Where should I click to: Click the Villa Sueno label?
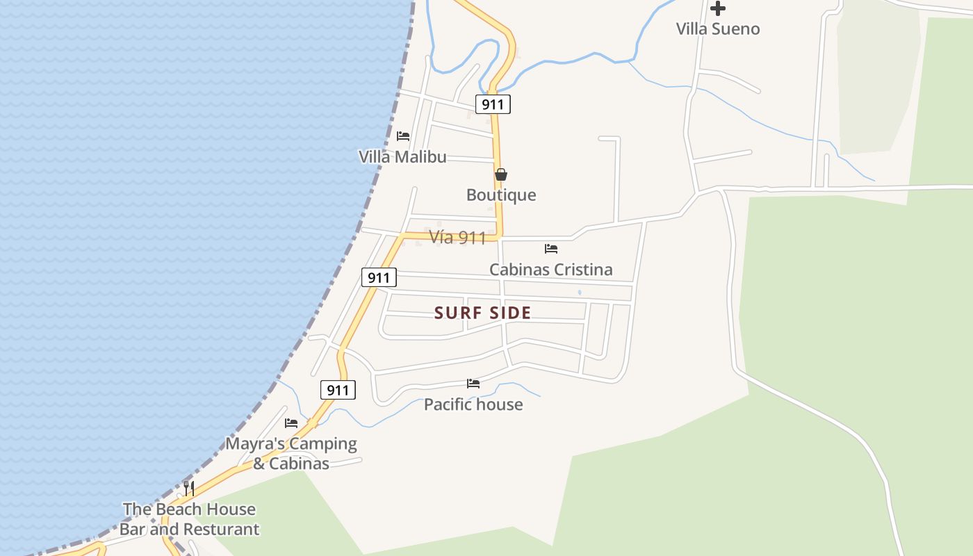coord(718,29)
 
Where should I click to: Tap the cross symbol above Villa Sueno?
coord(718,8)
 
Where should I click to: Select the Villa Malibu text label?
coord(402,157)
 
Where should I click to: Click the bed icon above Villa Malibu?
coord(403,136)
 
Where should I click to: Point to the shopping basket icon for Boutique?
coord(500,174)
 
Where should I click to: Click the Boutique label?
coord(501,195)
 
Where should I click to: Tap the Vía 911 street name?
coord(457,238)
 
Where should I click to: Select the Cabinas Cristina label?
coord(550,270)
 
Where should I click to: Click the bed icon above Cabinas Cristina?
coord(551,248)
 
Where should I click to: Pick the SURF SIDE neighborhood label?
coord(482,313)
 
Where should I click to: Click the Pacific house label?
coord(473,404)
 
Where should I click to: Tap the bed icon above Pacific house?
coord(473,384)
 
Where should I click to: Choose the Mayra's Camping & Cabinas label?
coord(291,453)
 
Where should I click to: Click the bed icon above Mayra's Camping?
coord(291,423)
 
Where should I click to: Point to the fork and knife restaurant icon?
coord(188,488)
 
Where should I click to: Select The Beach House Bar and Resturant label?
coord(189,519)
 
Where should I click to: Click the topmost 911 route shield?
coord(493,105)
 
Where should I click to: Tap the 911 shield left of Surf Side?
coord(379,278)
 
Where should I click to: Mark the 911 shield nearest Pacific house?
coord(338,390)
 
